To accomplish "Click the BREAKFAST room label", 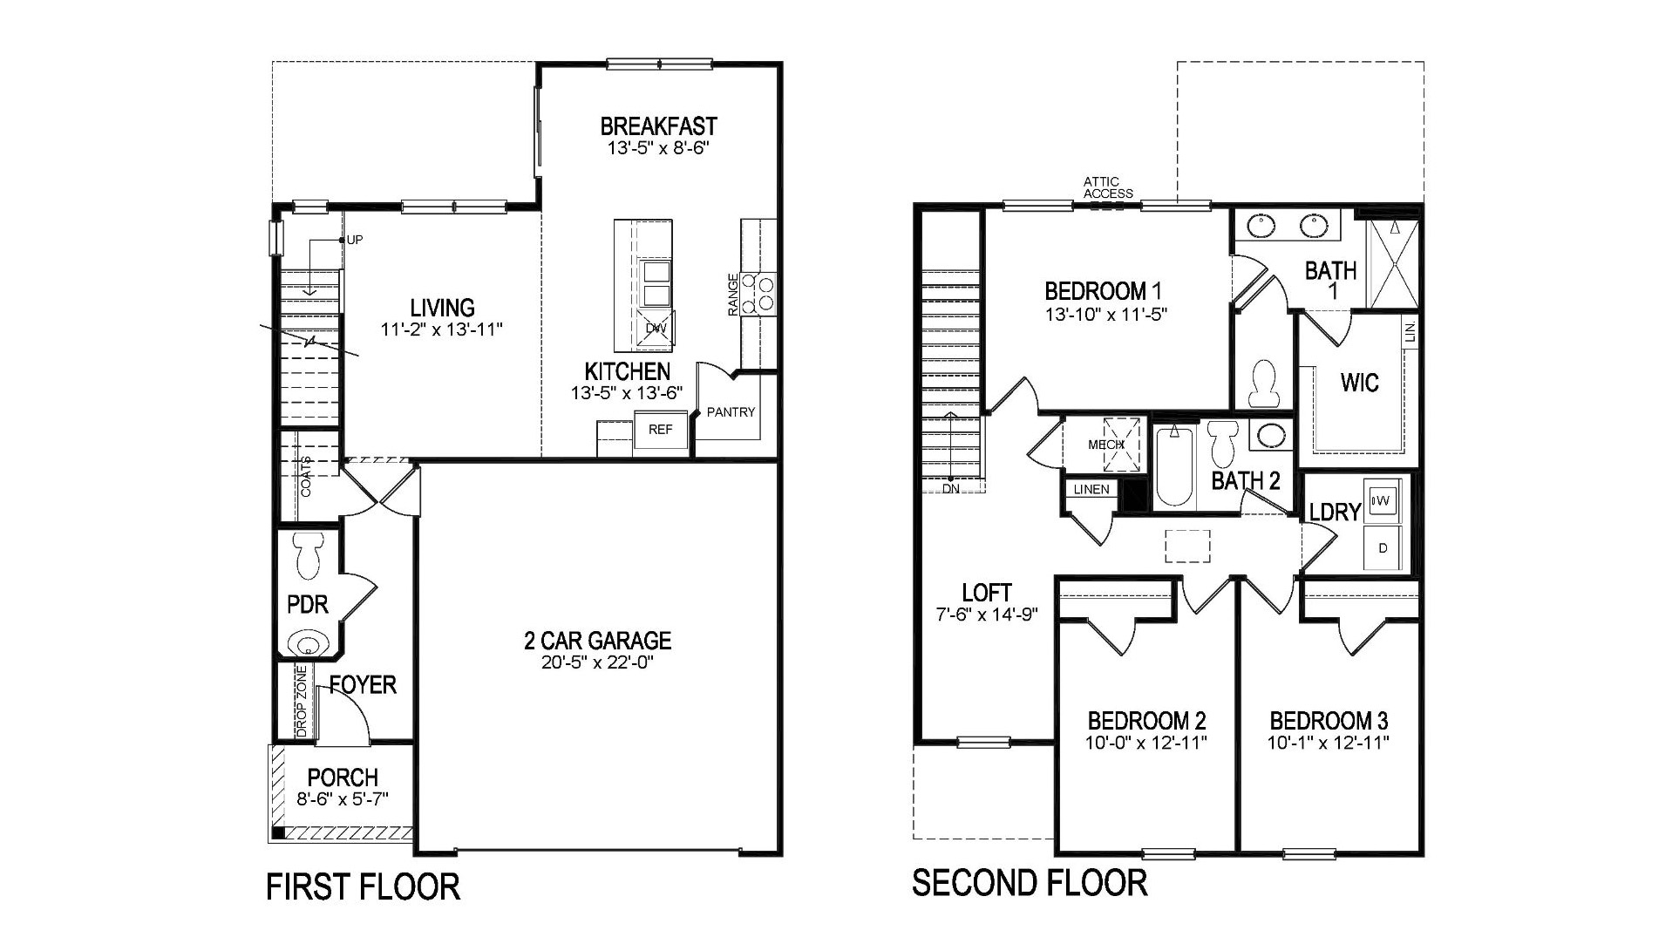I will click(x=658, y=126).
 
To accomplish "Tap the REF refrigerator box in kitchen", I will click(x=660, y=430).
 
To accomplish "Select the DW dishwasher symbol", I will click(x=656, y=328).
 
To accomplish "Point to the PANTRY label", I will click(x=731, y=412).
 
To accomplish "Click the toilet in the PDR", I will click(x=309, y=556).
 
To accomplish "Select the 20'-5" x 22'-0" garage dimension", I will click(x=597, y=662).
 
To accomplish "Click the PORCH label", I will click(x=343, y=777).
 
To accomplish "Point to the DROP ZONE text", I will click(x=302, y=703).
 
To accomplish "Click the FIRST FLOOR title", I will click(x=363, y=887).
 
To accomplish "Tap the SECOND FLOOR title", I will click(x=1029, y=883).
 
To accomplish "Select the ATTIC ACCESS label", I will click(x=1107, y=187).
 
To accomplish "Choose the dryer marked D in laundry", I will click(x=1383, y=548).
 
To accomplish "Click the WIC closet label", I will click(x=1359, y=383).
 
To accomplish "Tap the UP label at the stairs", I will click(x=354, y=240).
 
